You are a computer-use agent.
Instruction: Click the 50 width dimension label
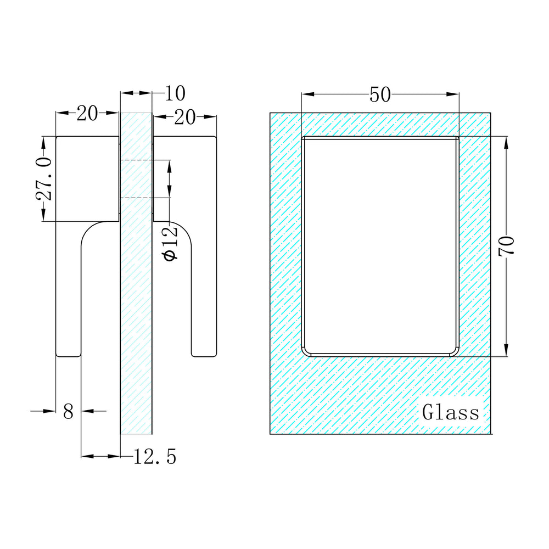coord(380,94)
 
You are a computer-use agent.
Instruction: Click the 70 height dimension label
coord(507,246)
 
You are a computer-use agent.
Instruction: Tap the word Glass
coord(450,412)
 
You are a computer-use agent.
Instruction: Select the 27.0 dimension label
coord(44,178)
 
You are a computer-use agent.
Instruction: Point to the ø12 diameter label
coord(171,243)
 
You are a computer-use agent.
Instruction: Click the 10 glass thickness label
coord(175,93)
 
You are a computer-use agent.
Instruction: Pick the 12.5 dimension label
coord(155,457)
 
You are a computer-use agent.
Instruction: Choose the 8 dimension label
coord(68,411)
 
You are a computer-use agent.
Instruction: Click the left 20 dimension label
coord(87,114)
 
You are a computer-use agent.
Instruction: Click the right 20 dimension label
coord(184,117)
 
